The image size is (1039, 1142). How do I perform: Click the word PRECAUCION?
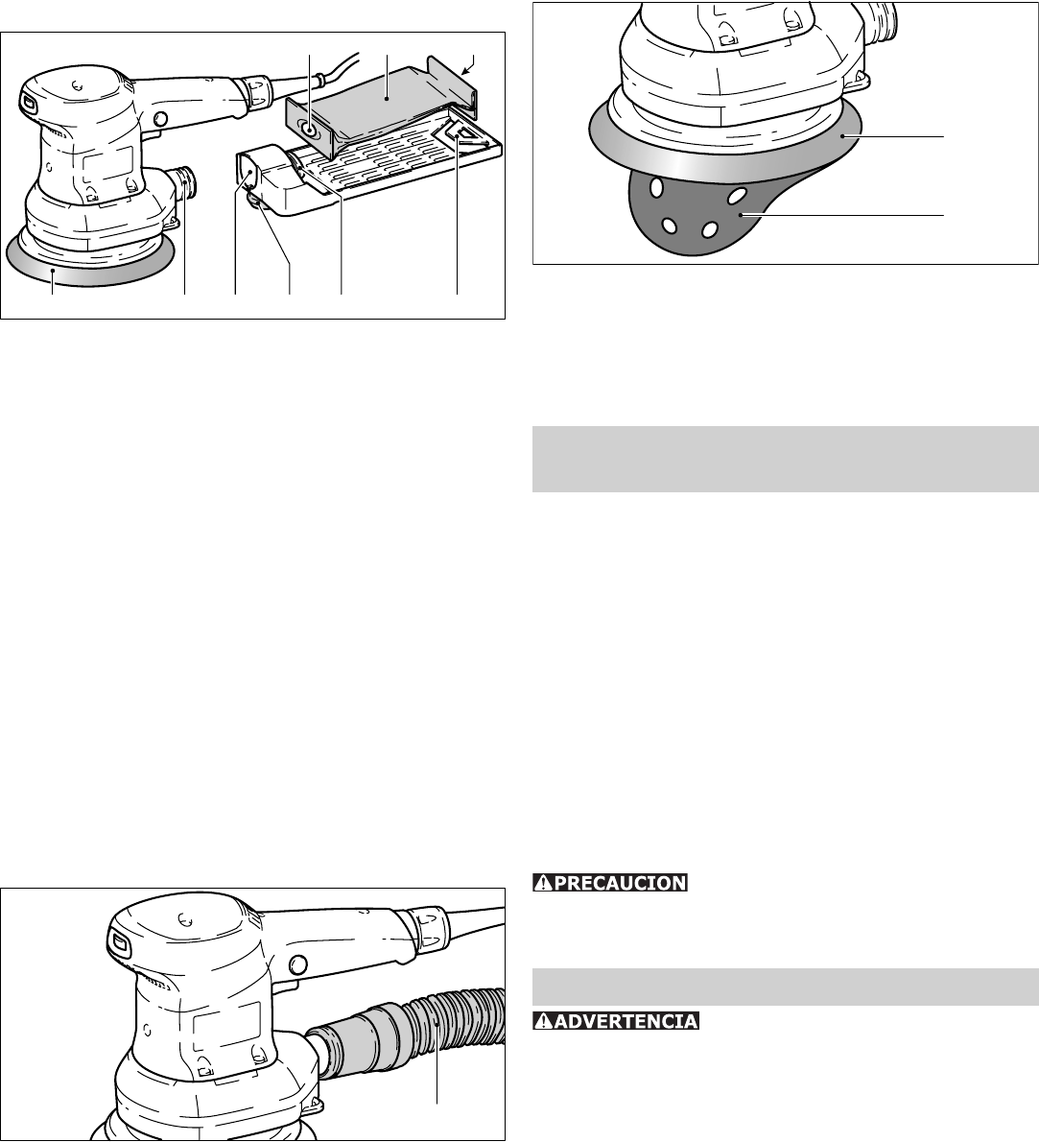[x=621, y=883]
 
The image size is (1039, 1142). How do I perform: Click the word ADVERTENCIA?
[x=626, y=1021]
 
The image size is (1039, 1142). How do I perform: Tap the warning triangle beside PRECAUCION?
[x=543, y=883]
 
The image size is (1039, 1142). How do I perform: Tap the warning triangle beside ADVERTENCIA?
[x=543, y=1021]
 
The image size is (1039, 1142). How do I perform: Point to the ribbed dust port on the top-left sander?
[x=184, y=182]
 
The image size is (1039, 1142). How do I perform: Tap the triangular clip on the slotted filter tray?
[x=458, y=131]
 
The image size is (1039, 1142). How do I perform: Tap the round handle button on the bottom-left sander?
[x=296, y=965]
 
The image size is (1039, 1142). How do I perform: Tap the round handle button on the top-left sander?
[x=161, y=119]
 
